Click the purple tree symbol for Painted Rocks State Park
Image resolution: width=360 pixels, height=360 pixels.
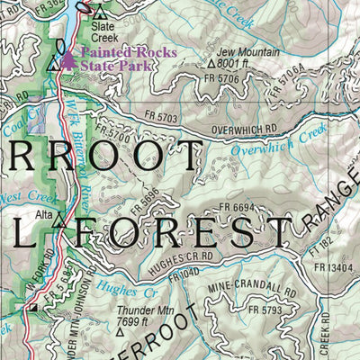70,58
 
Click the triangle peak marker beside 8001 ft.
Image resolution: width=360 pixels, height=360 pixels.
212,65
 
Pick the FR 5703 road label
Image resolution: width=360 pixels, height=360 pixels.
161,116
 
